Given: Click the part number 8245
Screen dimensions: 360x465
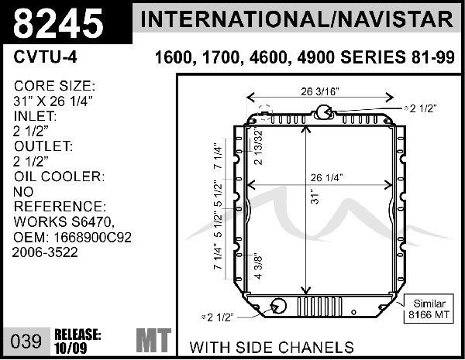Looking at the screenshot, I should pyautogui.click(x=59, y=23).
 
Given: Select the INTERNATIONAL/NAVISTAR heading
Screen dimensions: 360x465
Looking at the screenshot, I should pyautogui.click(x=299, y=19).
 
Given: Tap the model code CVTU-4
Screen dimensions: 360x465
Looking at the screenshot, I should pyautogui.click(x=45, y=57).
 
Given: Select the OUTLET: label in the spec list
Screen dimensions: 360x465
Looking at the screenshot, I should pyautogui.click(x=43, y=146).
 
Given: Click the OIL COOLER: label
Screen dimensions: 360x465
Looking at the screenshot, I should pyautogui.click(x=59, y=177).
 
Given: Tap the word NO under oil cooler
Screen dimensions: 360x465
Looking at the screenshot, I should pyautogui.click(x=24, y=192).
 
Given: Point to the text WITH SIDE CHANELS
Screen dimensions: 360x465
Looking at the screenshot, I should pyautogui.click(x=271, y=347).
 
